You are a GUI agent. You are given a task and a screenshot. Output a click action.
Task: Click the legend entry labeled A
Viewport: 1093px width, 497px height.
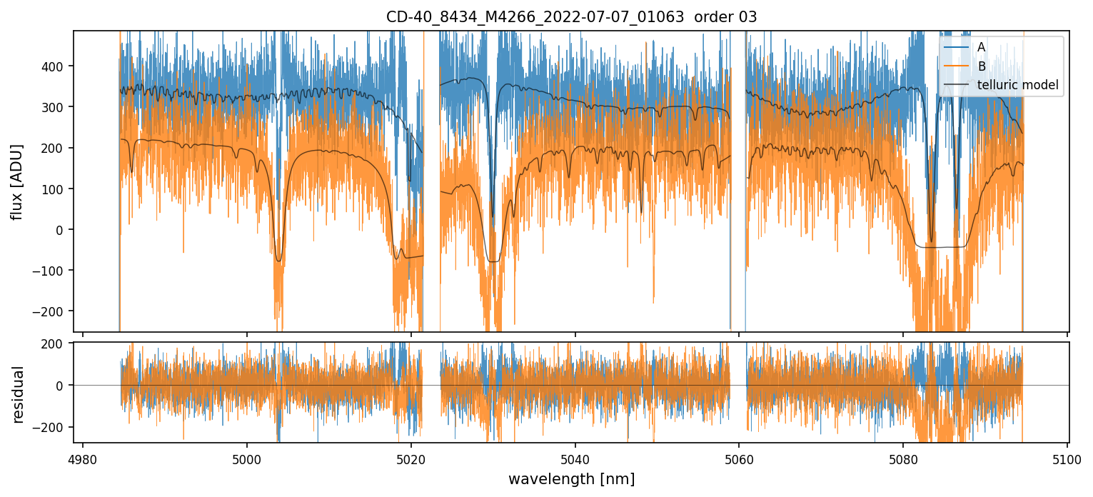(981, 47)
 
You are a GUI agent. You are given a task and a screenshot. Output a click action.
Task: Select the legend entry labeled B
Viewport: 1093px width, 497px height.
(981, 66)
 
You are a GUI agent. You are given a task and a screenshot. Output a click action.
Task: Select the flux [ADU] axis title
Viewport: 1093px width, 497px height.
(16, 181)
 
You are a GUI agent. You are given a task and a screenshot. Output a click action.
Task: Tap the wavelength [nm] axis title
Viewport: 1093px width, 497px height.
(571, 479)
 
